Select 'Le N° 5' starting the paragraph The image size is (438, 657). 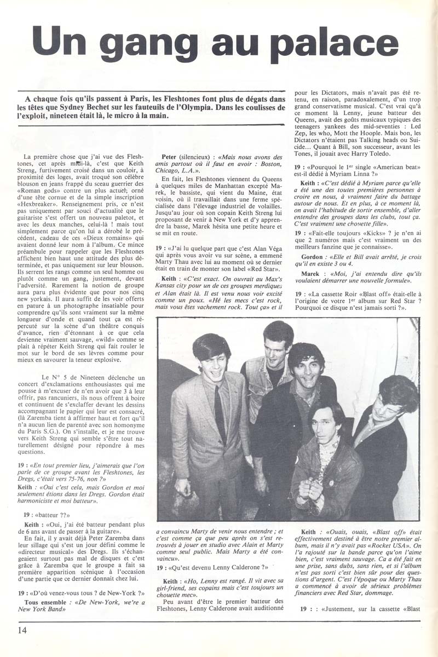[x=54, y=377]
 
